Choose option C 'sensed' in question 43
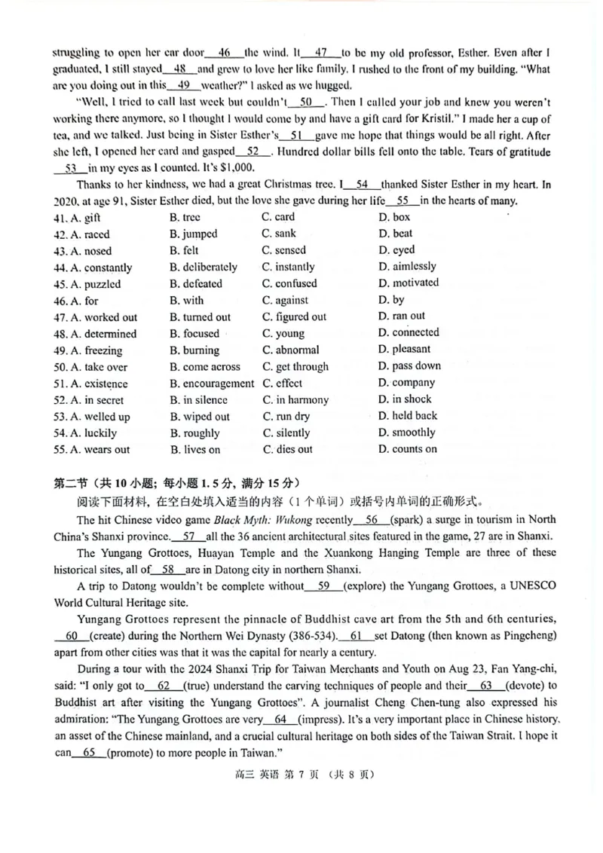[x=284, y=250]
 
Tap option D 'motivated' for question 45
[x=409, y=283]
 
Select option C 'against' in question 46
[x=285, y=301]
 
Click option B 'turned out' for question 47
[x=200, y=317]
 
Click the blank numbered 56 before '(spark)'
[x=372, y=519]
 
